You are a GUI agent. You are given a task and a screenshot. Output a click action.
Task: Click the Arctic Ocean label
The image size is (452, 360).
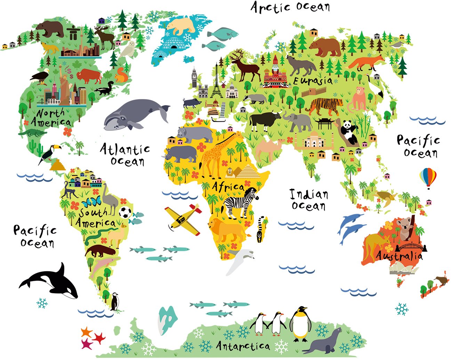tap(290, 7)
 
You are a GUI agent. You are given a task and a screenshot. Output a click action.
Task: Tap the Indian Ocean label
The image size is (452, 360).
tap(309, 200)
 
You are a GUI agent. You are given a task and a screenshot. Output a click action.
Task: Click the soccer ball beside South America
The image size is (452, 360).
tap(125, 212)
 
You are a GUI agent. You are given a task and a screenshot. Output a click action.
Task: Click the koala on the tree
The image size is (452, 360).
tap(405, 228)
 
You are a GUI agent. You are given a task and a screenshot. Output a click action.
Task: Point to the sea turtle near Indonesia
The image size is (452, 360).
tap(386, 196)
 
